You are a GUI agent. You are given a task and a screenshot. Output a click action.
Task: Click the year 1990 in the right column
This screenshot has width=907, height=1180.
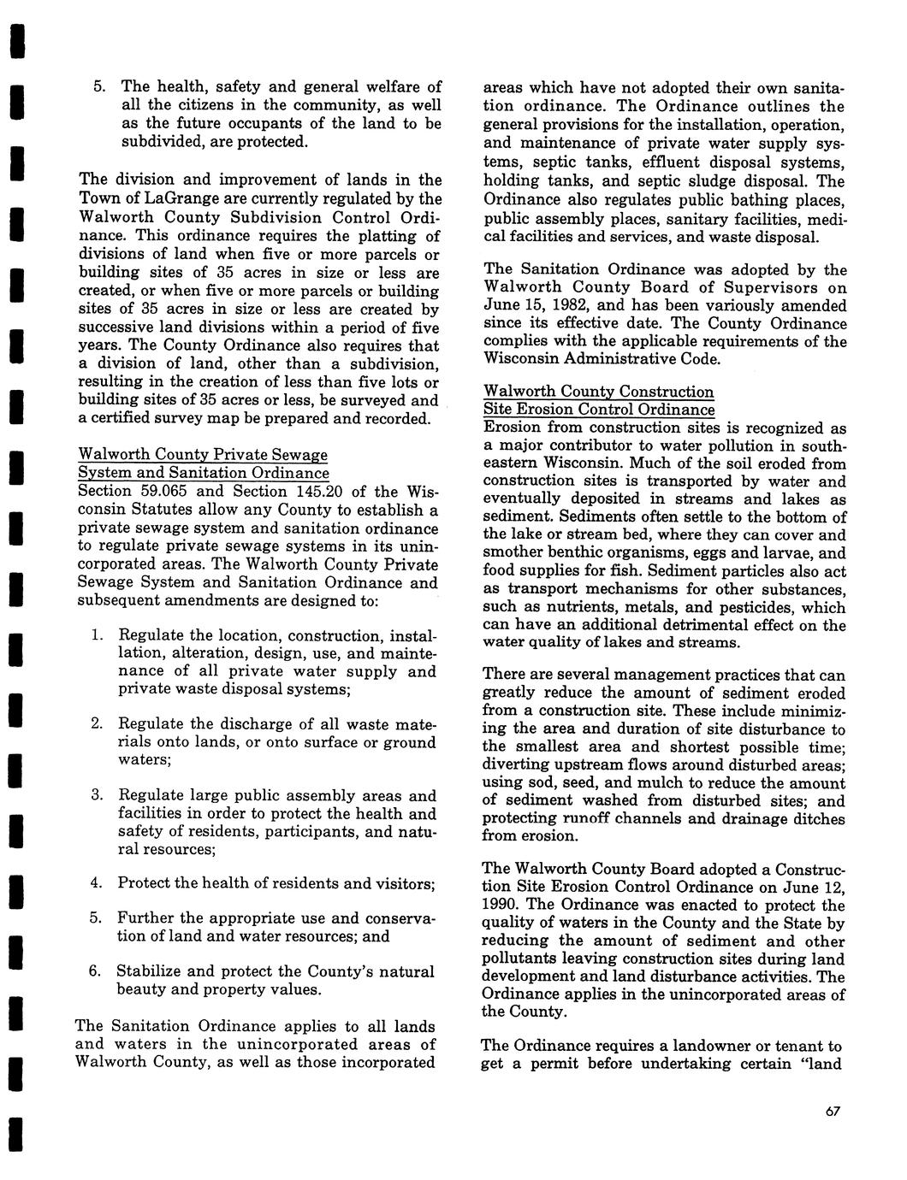pyautogui.click(x=502, y=906)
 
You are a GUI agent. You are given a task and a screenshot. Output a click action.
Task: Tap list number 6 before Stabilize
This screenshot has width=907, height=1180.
pyautogui.click(x=94, y=972)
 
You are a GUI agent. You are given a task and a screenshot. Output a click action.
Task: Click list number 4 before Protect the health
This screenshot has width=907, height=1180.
pyautogui.click(x=95, y=882)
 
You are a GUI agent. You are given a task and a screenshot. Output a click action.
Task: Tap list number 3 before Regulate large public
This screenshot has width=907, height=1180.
pyautogui.click(x=95, y=796)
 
